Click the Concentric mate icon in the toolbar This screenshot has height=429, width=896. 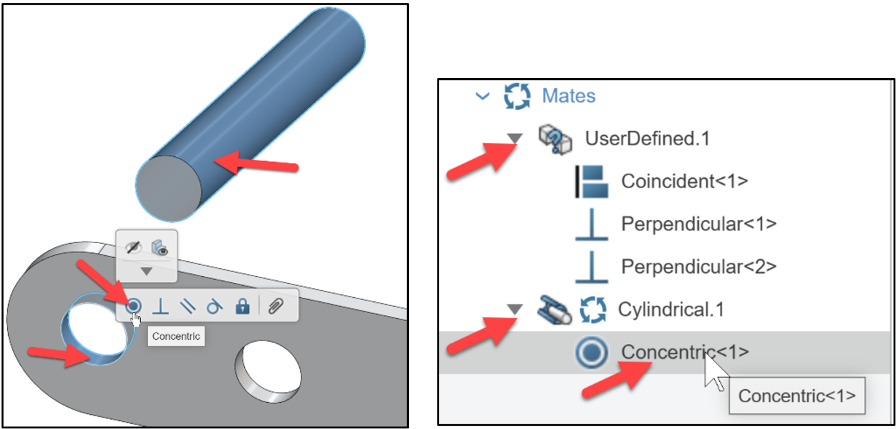coord(134,305)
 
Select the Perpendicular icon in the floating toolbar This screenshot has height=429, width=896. coord(160,306)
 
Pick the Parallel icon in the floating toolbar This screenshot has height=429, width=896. coord(187,306)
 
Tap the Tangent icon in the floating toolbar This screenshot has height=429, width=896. coord(214,306)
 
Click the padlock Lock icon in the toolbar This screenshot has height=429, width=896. coord(242,306)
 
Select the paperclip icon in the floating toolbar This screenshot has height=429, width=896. coord(275,306)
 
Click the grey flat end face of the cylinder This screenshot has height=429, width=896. coord(169,190)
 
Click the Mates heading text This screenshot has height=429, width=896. coord(569,96)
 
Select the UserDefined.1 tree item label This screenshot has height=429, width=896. coord(647,139)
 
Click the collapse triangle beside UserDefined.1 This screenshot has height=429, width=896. coord(514,138)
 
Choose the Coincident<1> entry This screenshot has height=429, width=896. coord(684,181)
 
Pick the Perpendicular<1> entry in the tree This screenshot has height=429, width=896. coord(699,224)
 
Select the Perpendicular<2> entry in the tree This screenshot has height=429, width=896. coord(699,266)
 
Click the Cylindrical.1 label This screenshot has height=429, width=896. coord(671,310)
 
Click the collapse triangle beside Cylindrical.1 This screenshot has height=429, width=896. coord(514,310)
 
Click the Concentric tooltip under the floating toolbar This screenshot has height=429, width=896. coord(176,336)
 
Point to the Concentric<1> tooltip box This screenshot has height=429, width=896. coord(797,396)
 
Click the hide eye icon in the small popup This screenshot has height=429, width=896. coord(134,248)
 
